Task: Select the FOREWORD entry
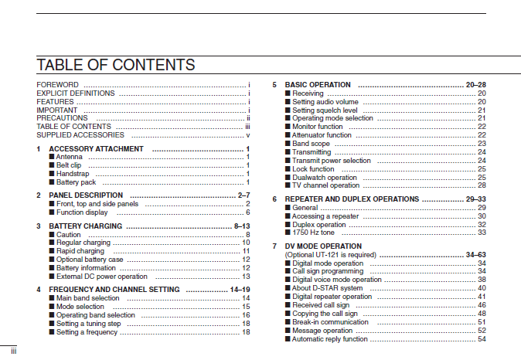coord(58,84)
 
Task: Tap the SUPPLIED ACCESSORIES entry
coord(80,134)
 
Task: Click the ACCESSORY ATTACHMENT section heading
coord(96,148)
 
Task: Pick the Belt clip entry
coord(69,165)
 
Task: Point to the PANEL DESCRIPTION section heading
coord(86,195)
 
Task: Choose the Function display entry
coord(82,212)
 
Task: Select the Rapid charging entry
coord(80,251)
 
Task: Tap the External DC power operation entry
coord(102,276)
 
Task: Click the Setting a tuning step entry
coord(89,324)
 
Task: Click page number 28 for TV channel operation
coord(482,185)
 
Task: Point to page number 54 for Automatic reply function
coord(482,338)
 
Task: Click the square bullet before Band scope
coord(288,144)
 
